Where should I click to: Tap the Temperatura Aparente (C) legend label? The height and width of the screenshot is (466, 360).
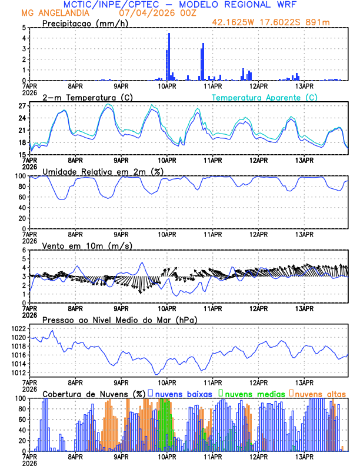264,97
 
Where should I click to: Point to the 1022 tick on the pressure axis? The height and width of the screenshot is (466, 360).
19,328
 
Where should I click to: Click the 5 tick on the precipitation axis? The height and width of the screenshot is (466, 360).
24,28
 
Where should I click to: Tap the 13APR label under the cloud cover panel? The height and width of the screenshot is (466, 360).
304,457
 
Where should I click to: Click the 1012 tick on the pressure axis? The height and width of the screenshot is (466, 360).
19,372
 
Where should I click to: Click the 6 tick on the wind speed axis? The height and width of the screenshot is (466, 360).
24,250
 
